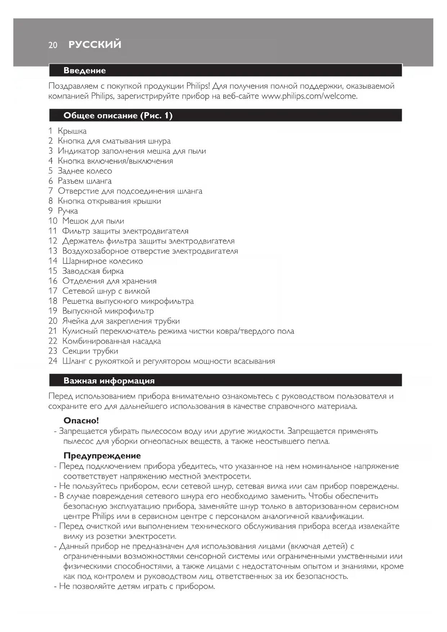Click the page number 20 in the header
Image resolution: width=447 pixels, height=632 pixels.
coord(53,45)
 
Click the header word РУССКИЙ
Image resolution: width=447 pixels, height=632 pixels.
coord(95,45)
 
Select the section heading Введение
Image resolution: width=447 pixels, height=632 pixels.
coord(85,71)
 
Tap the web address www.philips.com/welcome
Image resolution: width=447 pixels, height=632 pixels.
coord(309,96)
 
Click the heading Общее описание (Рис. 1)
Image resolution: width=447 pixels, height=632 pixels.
coord(118,116)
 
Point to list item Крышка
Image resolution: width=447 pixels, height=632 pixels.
coord(72,131)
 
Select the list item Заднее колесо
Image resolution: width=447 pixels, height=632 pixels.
coord(85,171)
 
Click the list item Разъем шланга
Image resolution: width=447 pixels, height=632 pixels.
coord(85,181)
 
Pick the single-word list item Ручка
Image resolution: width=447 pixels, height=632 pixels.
coord(68,211)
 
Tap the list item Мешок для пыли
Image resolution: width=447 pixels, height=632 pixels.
coord(93,221)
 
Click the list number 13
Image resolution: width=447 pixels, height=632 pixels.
coord(53,251)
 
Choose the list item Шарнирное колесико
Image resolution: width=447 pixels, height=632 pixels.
coord(102,261)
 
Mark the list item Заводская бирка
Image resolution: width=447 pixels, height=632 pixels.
coord(93,271)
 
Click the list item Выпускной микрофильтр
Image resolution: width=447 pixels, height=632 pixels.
coord(108,311)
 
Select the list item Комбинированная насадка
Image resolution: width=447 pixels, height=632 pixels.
coord(111,341)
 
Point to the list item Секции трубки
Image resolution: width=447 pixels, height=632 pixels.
coord(90,351)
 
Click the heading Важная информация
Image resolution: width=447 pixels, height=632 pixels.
coord(109,381)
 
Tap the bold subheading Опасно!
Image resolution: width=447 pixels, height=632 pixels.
coord(81,420)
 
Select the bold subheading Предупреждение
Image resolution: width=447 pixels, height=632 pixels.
coord(102,456)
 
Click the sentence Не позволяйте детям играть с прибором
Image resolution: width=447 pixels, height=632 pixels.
coord(137,586)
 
